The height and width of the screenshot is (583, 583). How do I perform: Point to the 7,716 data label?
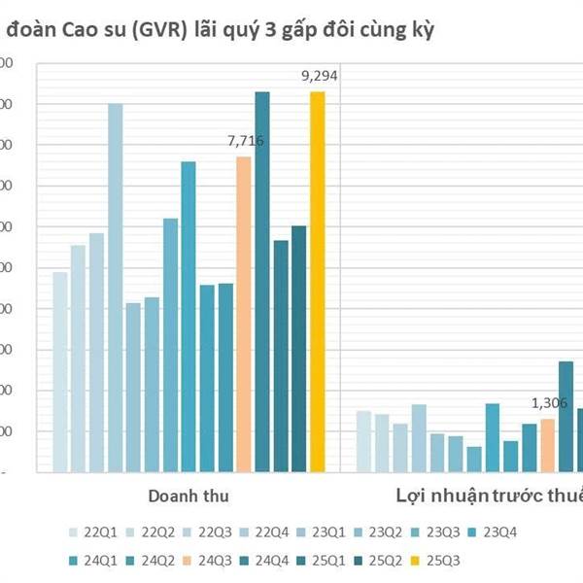(245, 142)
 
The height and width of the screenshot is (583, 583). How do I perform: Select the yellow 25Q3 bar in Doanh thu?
(318, 282)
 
